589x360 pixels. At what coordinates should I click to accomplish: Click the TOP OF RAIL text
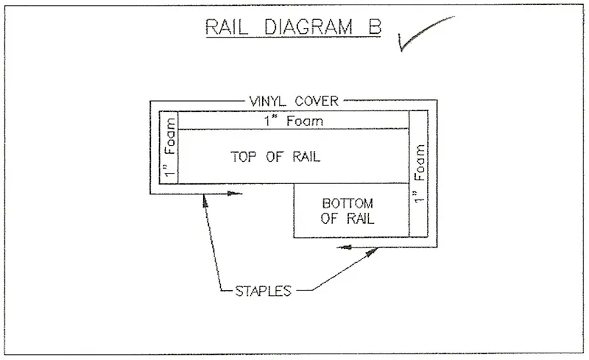pyautogui.click(x=276, y=157)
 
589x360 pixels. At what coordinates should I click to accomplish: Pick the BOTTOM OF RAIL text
pyautogui.click(x=349, y=211)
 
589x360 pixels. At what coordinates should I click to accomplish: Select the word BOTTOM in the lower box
pyautogui.click(x=349, y=202)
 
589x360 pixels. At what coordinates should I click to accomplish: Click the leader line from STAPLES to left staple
pyautogui.click(x=214, y=243)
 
